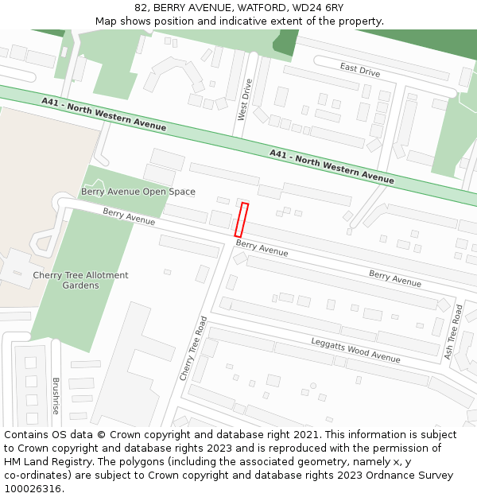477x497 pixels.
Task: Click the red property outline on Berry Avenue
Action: point(242,219)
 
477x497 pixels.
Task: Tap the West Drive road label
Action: point(244,99)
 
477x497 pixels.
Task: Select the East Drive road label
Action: point(360,70)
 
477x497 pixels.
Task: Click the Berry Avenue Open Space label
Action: point(138,192)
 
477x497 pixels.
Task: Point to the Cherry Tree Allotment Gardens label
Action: point(80,280)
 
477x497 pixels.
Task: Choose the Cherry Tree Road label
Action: point(193,348)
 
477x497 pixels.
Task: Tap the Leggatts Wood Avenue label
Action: point(355,349)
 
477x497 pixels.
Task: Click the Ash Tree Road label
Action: point(453,330)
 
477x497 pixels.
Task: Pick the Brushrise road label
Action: point(56,395)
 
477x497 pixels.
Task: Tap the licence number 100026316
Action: point(33,488)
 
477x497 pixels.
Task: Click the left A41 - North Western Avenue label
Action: point(103,115)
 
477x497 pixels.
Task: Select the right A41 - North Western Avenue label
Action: point(332,166)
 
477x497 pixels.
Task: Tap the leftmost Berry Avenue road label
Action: point(129,215)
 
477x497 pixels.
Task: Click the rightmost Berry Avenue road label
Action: point(395,278)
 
